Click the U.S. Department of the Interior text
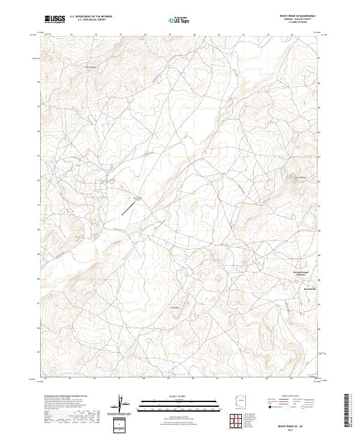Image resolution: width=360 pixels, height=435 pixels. (91, 17)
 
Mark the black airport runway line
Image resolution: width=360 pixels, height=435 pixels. (128, 208)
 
